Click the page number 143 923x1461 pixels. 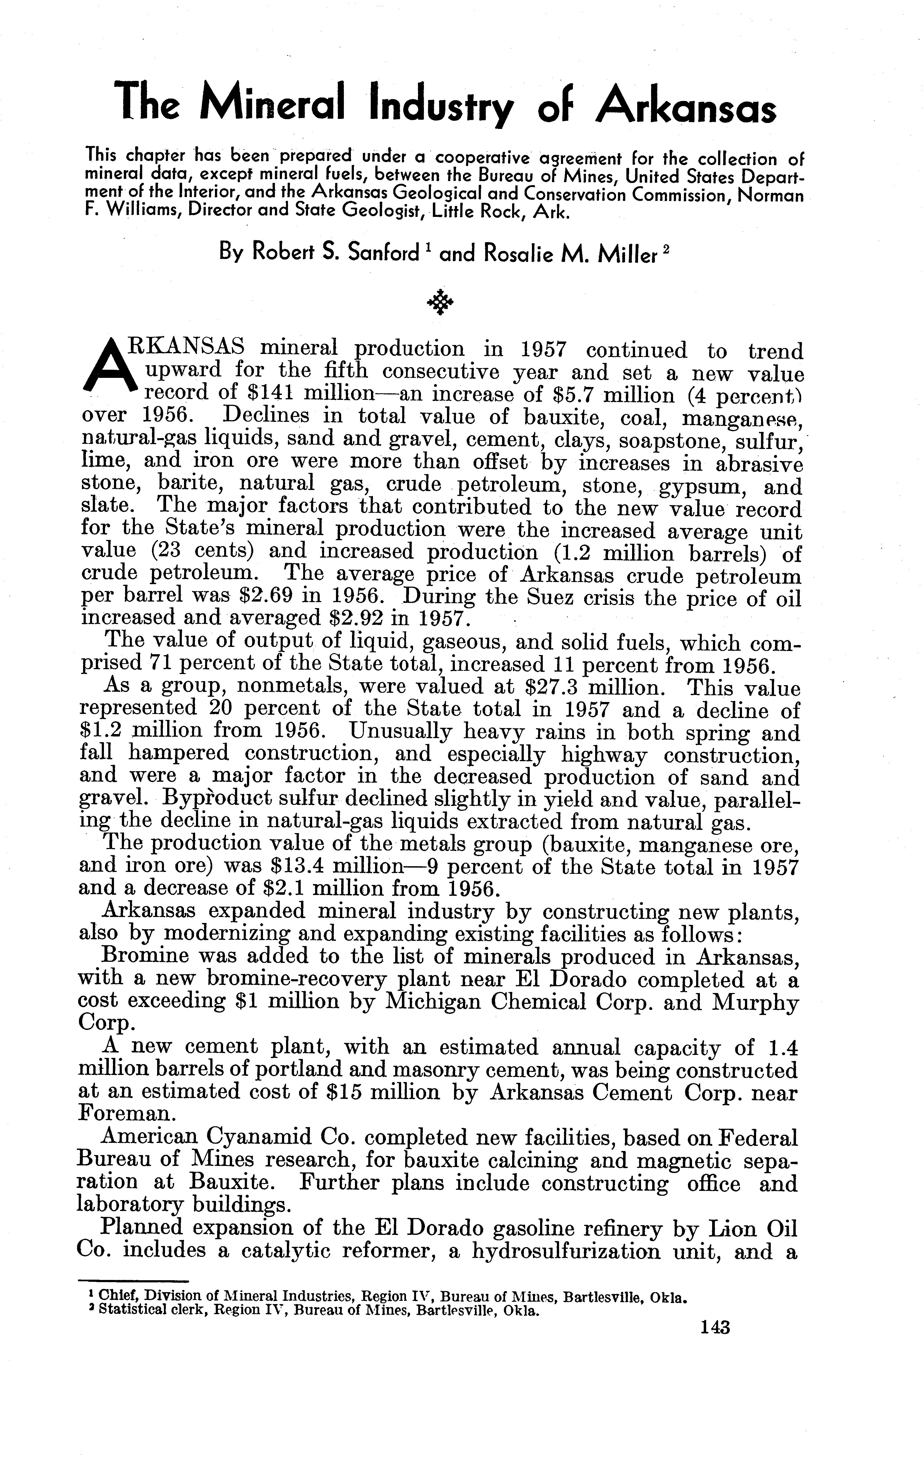(x=715, y=1327)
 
